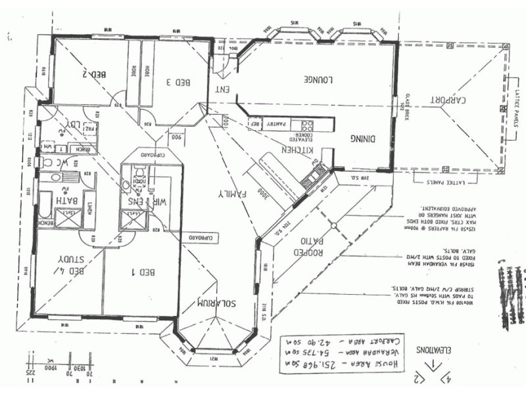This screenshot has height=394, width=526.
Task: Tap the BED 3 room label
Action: click(x=178, y=82)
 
